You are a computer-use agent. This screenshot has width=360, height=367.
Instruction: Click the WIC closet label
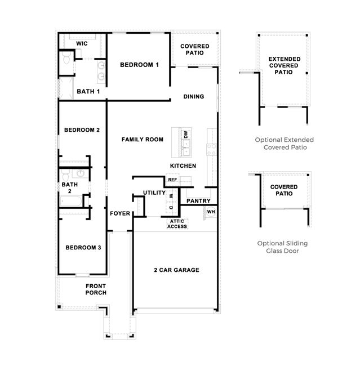pyautogui.click(x=82, y=43)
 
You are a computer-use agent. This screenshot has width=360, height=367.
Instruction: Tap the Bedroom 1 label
pyautogui.click(x=139, y=65)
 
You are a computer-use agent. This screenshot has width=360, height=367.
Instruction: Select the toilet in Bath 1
pyautogui.click(x=66, y=58)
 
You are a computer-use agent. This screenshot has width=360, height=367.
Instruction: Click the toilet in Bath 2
pyautogui.click(x=65, y=176)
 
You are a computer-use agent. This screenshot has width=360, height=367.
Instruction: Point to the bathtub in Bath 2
pyautogui.click(x=71, y=201)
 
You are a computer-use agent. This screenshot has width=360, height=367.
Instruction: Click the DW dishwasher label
pyautogui.click(x=186, y=135)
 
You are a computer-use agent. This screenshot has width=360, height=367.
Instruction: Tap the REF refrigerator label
pyautogui.click(x=172, y=180)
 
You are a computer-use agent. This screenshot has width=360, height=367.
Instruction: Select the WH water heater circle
pyautogui.click(x=211, y=212)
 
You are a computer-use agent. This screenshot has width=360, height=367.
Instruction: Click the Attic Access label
pyautogui.click(x=177, y=224)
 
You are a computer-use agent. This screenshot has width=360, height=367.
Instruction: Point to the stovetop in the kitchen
pyautogui.click(x=211, y=150)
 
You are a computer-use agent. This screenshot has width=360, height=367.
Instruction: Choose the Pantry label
pyautogui.click(x=198, y=201)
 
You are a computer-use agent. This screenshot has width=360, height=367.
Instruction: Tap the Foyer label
pyautogui.click(x=120, y=213)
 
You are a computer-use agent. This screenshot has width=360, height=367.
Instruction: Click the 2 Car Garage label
pyautogui.click(x=176, y=270)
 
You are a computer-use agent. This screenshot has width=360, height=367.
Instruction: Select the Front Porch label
pyautogui.click(x=96, y=289)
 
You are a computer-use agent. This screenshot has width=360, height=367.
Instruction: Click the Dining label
pyautogui.click(x=194, y=96)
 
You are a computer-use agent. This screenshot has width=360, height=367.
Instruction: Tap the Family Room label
pyautogui.click(x=143, y=140)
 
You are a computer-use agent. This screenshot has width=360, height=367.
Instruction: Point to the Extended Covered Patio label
pyautogui.click(x=284, y=65)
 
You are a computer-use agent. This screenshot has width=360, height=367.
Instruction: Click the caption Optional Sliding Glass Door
pyautogui.click(x=282, y=247)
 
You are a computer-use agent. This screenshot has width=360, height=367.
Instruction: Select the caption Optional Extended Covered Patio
pyautogui.click(x=285, y=144)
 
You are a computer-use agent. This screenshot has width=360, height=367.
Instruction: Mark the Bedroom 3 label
pyautogui.click(x=83, y=248)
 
